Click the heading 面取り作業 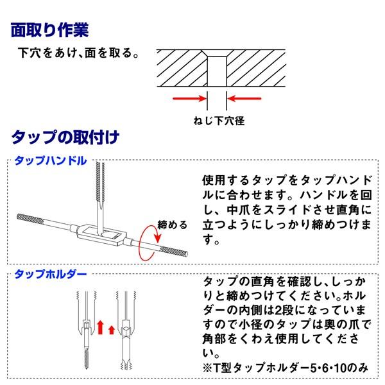(50, 30)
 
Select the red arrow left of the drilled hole (189, 99)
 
